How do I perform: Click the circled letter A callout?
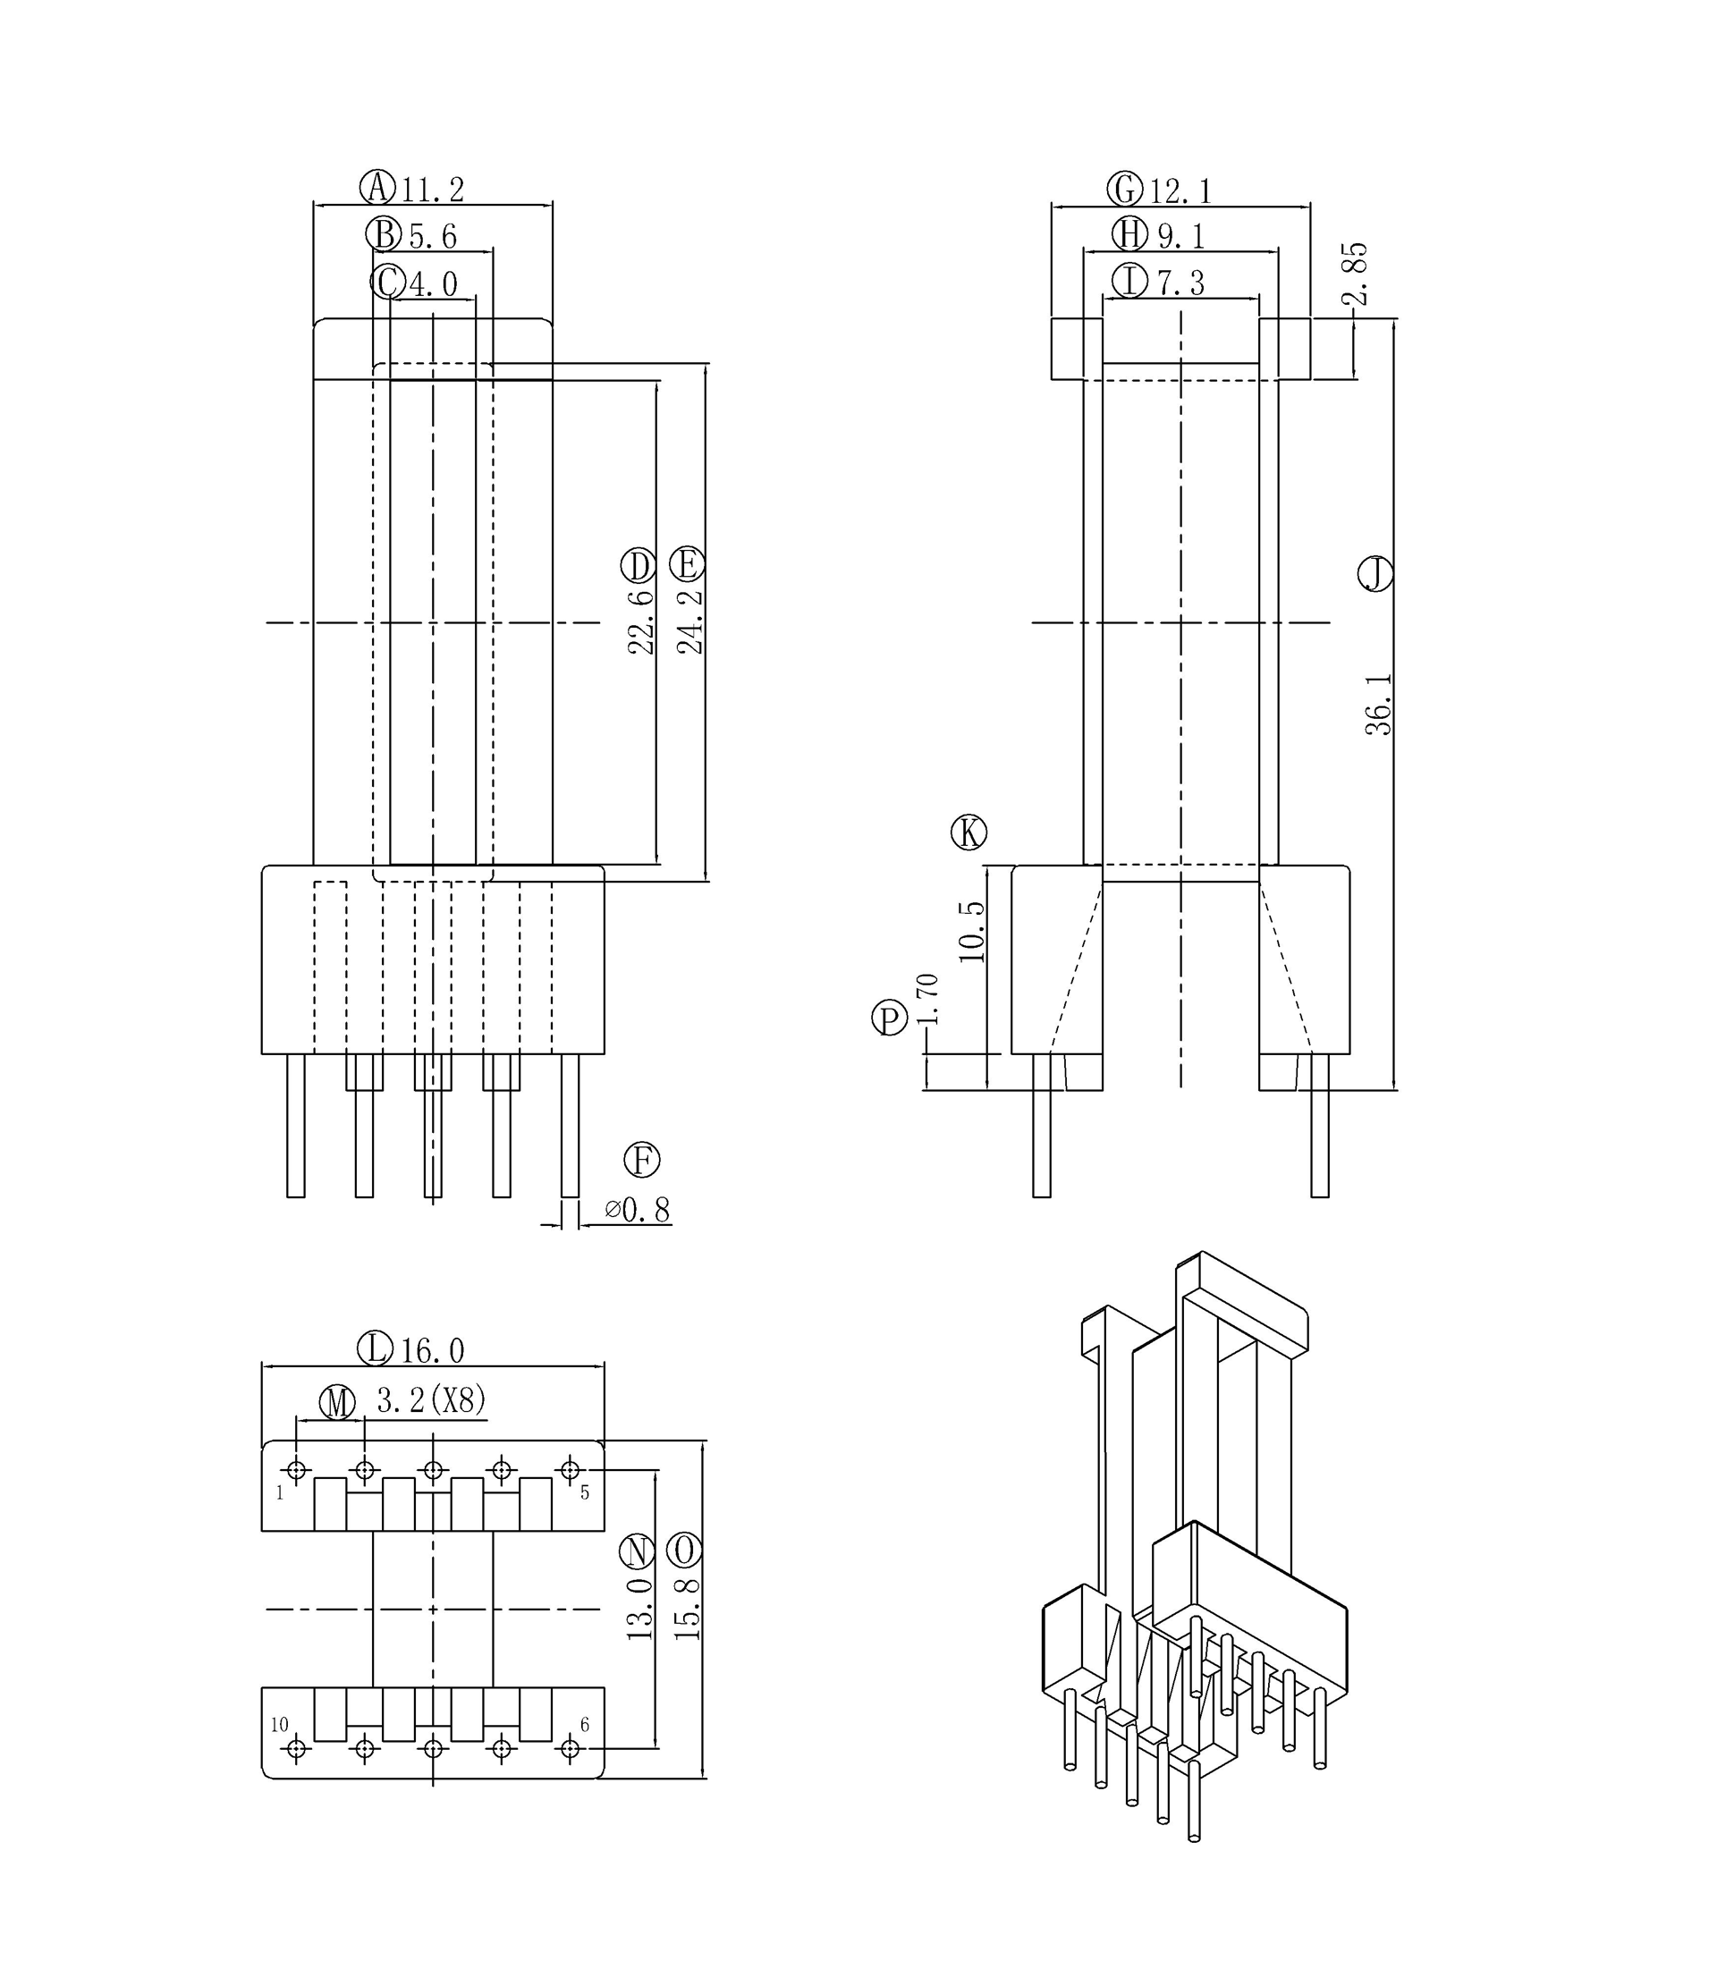[x=377, y=187]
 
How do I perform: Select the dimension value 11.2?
[x=432, y=190]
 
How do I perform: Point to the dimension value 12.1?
[x=1181, y=191]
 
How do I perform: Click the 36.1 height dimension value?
[x=1378, y=705]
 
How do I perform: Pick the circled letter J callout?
[x=1375, y=573]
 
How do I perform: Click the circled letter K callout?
[x=968, y=832]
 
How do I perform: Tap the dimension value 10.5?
[x=971, y=932]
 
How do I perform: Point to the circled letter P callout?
[x=889, y=1018]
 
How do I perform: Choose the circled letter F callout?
[x=642, y=1160]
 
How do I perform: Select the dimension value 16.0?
[x=432, y=1351]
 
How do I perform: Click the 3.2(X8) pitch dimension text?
[x=431, y=1401]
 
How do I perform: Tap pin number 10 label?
[x=279, y=1725]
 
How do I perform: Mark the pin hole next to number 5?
[x=571, y=1470]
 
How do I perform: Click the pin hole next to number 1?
[x=296, y=1470]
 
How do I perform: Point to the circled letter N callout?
[x=636, y=1550]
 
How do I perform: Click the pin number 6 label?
[x=585, y=1725]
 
